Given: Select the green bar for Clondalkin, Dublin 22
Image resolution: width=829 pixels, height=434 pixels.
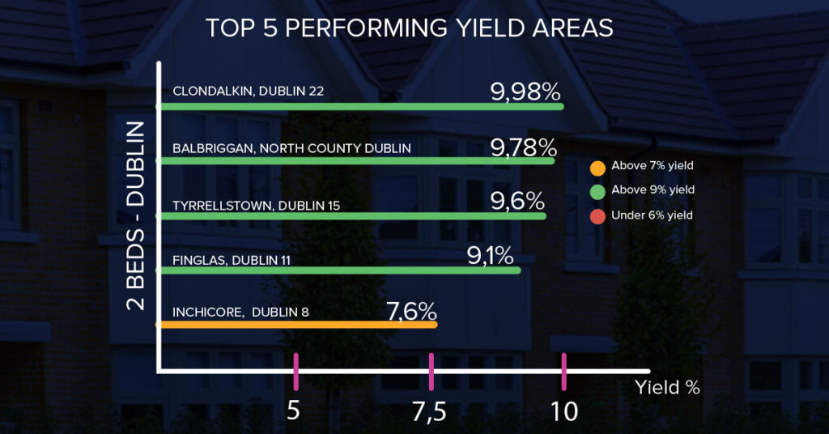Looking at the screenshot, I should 359,106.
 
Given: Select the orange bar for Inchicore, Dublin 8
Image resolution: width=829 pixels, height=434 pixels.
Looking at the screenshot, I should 296,325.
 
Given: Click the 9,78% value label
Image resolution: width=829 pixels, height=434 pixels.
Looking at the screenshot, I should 524,147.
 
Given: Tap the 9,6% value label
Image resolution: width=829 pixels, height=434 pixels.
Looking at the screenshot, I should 518,201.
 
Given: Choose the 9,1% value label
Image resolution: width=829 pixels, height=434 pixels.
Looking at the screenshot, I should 491,257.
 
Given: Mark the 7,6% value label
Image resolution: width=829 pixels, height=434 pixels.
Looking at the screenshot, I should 412,311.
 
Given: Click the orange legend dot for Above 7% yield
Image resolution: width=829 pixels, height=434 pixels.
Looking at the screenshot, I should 597,167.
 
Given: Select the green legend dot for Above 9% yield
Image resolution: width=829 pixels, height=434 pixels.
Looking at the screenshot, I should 597,190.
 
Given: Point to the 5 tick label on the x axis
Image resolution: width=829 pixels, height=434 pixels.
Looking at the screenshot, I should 294,411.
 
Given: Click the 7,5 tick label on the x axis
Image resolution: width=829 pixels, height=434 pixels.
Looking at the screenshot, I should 430,411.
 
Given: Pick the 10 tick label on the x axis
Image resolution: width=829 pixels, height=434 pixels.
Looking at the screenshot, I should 564,411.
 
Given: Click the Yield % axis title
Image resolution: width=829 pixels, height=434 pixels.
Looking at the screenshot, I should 667,387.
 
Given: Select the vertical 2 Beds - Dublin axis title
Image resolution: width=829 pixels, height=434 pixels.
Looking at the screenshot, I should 136,216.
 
